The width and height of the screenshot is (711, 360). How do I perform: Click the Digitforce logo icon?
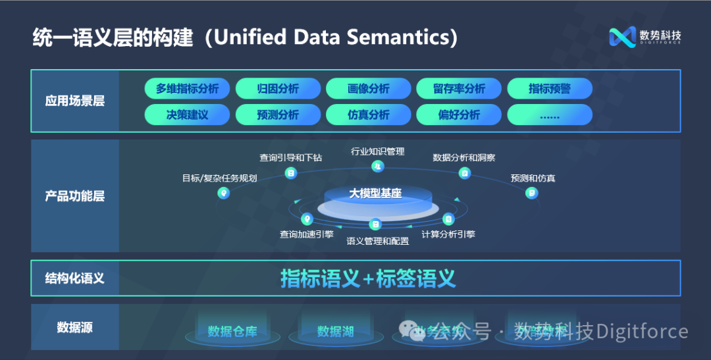(621, 38)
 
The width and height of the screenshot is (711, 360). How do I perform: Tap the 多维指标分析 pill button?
(187, 89)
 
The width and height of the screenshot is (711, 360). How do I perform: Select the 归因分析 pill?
(278, 89)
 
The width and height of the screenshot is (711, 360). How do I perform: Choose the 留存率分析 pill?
(459, 89)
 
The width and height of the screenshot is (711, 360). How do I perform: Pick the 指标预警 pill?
(549, 89)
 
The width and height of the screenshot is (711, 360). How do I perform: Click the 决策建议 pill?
(187, 115)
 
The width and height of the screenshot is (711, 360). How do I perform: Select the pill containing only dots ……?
(549, 115)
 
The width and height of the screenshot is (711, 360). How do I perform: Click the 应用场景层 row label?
(74, 101)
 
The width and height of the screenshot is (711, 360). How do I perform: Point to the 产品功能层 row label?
(74, 196)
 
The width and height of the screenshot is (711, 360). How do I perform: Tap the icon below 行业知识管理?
(377, 167)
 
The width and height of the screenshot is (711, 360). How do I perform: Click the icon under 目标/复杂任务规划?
(224, 193)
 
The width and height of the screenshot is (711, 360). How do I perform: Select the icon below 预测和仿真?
(531, 193)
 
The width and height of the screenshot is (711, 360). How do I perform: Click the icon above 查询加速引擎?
(306, 219)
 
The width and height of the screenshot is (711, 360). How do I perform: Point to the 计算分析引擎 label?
(448, 234)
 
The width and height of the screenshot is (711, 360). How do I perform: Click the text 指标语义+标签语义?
(368, 278)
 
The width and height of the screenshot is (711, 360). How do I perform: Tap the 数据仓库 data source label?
(232, 331)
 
